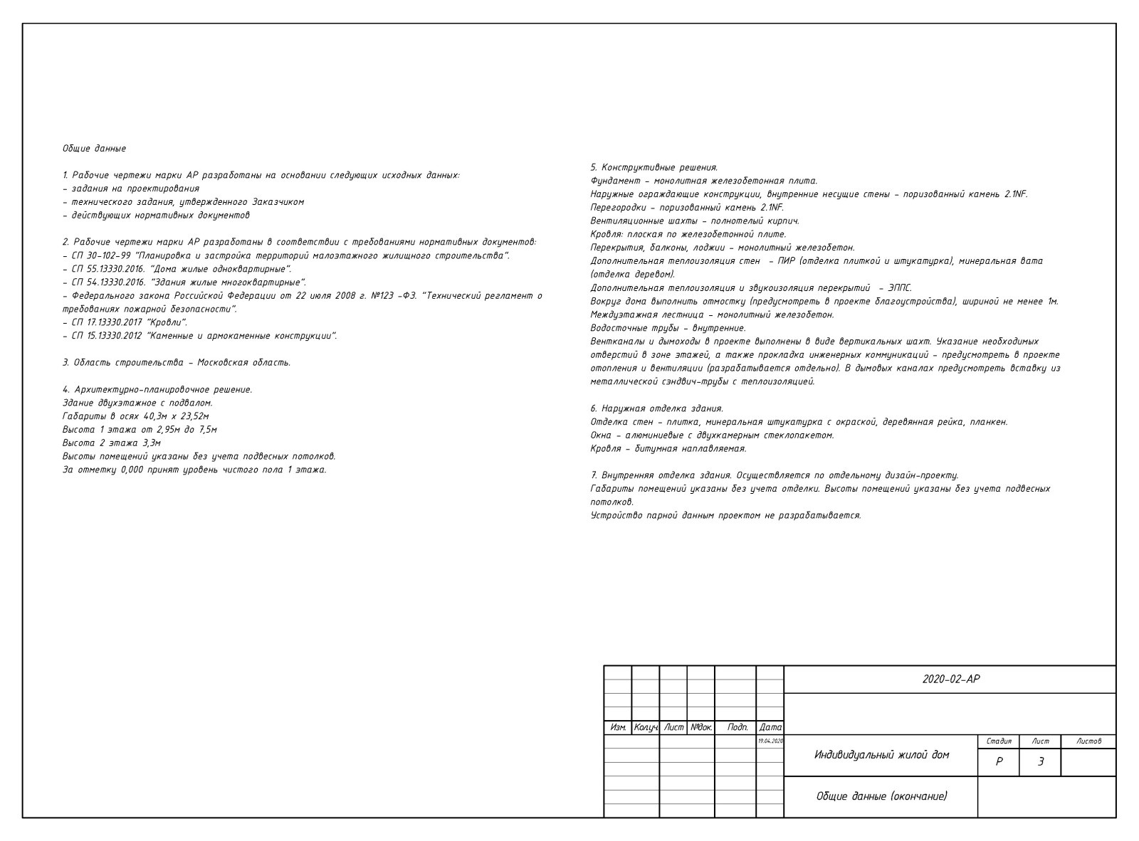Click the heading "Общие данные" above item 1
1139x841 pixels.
[x=94, y=149]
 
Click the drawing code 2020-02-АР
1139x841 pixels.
[x=950, y=679]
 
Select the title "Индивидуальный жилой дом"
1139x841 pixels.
[x=881, y=755]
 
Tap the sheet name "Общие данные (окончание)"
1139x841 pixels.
[x=881, y=796]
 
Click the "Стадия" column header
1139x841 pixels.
[x=999, y=741]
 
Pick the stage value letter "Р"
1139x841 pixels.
[x=999, y=762]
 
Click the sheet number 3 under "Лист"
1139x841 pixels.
[x=1040, y=762]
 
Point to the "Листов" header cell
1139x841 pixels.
[x=1088, y=741]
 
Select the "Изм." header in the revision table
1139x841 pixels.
[x=618, y=728]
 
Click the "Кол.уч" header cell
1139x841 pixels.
[x=646, y=728]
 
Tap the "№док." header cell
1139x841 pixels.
[x=701, y=728]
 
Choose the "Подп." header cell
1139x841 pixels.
[x=737, y=728]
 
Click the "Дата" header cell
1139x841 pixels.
[x=770, y=728]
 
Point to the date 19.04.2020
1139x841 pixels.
[x=770, y=741]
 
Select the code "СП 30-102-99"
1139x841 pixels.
[x=100, y=256]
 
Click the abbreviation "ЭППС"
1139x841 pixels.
[x=899, y=288]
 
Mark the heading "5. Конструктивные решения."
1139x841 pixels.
[x=654, y=168]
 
